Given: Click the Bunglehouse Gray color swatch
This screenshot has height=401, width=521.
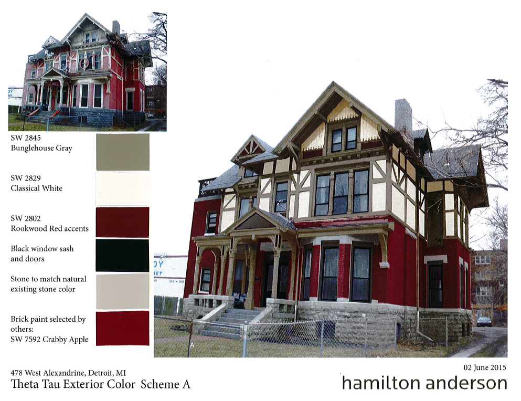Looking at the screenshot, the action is [x=123, y=152].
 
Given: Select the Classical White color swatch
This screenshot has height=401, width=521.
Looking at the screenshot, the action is [x=123, y=189].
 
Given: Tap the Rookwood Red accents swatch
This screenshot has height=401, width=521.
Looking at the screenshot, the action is [x=123, y=222].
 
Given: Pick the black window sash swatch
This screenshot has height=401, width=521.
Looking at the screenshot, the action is [x=123, y=256].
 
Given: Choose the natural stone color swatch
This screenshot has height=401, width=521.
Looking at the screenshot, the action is [x=123, y=292].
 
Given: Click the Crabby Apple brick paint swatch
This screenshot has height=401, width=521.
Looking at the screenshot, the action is [x=123, y=328].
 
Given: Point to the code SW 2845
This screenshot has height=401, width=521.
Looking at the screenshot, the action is [x=26, y=138].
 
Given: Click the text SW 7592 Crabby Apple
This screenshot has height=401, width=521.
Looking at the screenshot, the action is [x=49, y=340].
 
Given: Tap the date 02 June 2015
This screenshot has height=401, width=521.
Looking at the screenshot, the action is [x=485, y=367].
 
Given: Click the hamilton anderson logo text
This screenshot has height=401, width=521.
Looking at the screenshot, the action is [x=424, y=383].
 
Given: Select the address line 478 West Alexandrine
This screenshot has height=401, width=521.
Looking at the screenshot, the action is [x=68, y=373].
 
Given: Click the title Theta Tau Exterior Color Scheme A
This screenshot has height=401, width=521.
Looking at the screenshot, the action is [x=100, y=384].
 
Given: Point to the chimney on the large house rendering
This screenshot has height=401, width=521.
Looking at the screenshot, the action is [x=403, y=118].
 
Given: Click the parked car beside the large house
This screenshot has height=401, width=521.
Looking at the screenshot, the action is [x=484, y=321].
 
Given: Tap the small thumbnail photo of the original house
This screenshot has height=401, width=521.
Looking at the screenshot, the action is [x=88, y=71].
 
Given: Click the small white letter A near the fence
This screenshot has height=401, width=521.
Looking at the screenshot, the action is [x=192, y=345].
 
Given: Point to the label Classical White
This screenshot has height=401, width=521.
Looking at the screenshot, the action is [x=37, y=188].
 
